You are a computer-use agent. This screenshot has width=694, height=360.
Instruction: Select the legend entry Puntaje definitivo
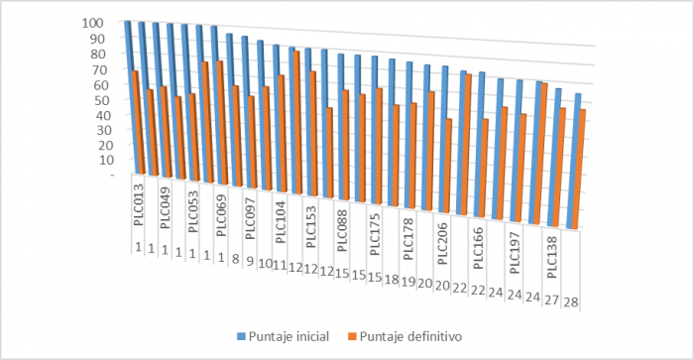tap(407, 335)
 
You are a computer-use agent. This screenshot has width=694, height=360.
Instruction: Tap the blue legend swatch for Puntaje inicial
tap(241, 335)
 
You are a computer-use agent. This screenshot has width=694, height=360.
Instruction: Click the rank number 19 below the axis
tap(407, 282)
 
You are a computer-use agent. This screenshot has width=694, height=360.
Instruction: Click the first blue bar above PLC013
tap(129, 99)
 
